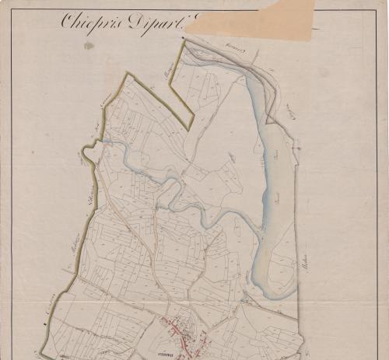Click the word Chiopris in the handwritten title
pos(86,21)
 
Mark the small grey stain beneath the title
pos(88,46)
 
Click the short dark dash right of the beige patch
pos(315,29)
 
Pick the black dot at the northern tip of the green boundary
pos(184,41)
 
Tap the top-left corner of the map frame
pos(12,10)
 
